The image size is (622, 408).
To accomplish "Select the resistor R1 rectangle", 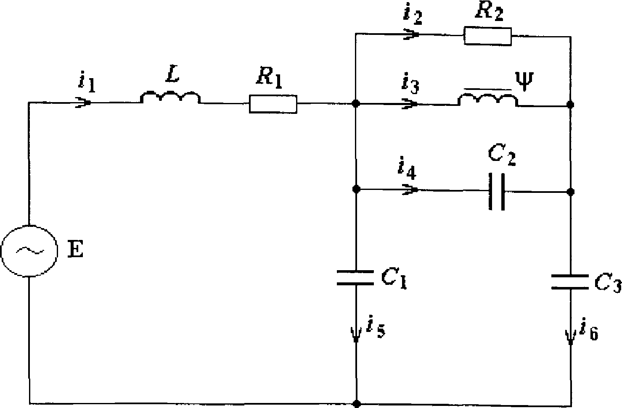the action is click(273, 104).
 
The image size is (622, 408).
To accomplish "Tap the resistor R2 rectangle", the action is click(487, 36).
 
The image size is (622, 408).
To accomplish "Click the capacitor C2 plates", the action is click(497, 191).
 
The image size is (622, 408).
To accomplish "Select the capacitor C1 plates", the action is click(355, 277).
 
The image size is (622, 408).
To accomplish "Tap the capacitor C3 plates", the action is click(570, 282).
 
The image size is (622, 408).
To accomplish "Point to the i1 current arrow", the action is click(83, 103).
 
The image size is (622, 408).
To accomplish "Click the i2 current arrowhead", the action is click(411, 34).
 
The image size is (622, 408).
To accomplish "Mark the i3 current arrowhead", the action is click(410, 104).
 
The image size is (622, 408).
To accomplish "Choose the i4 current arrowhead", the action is click(410, 190).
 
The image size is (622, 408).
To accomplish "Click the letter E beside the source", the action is click(75, 249).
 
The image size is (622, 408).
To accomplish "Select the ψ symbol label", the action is click(524, 81).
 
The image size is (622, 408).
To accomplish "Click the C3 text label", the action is click(608, 283).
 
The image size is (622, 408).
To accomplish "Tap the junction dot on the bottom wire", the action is click(357, 403).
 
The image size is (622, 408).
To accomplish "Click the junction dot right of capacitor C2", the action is click(570, 192).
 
